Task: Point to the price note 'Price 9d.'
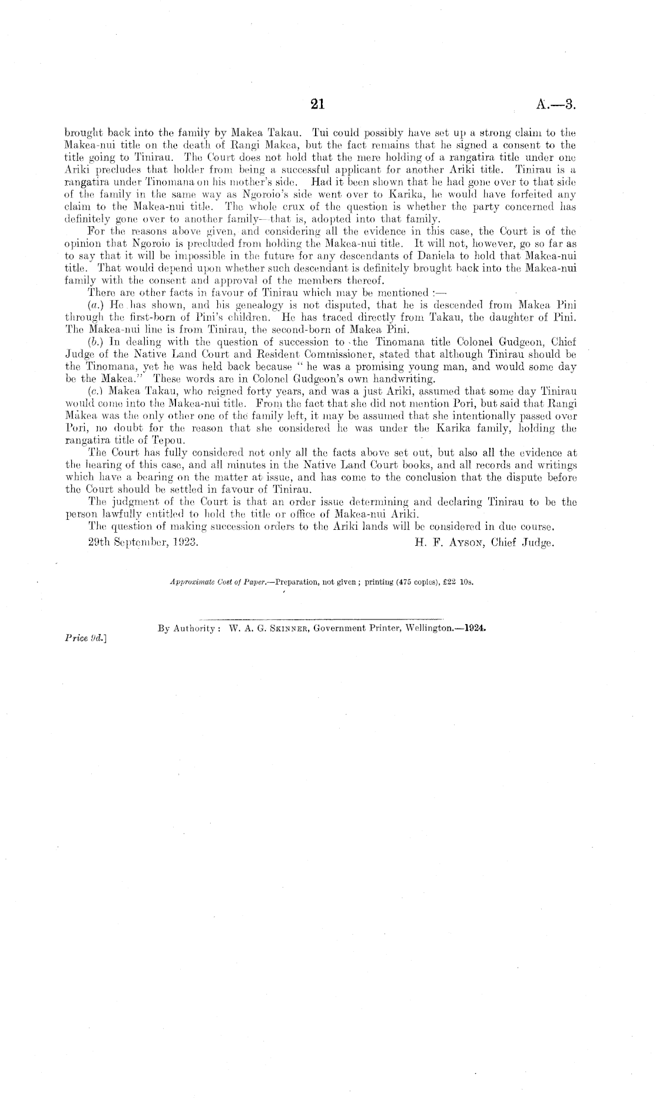[x=81, y=637]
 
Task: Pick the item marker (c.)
[x=92, y=391]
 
